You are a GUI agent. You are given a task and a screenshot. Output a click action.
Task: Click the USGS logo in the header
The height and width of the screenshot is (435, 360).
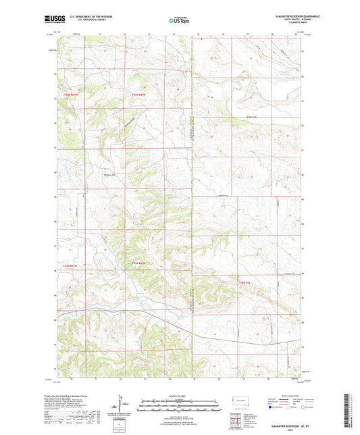55,20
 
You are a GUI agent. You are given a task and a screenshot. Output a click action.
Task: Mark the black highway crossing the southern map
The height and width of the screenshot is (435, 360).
203,323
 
